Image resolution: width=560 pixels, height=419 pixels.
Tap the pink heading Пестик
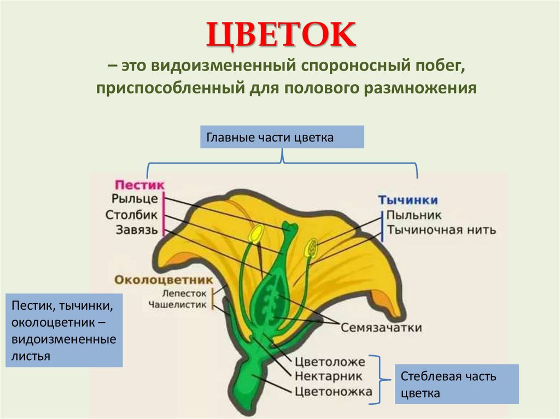[139, 185]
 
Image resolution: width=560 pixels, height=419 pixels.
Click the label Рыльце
[134, 199]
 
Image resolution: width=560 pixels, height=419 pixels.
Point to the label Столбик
[132, 215]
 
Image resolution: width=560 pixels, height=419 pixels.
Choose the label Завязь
[137, 229]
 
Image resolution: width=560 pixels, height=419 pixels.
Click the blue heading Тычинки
[408, 200]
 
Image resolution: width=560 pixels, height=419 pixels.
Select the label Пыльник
[414, 216]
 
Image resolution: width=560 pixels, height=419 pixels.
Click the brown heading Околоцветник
[163, 280]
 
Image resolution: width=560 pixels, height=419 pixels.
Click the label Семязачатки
[381, 328]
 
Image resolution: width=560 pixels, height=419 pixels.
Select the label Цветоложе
[330, 362]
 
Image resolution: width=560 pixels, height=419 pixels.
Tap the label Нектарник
[329, 376]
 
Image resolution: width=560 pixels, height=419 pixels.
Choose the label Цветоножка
[333, 392]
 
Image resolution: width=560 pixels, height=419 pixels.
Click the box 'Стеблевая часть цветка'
[456, 385]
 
